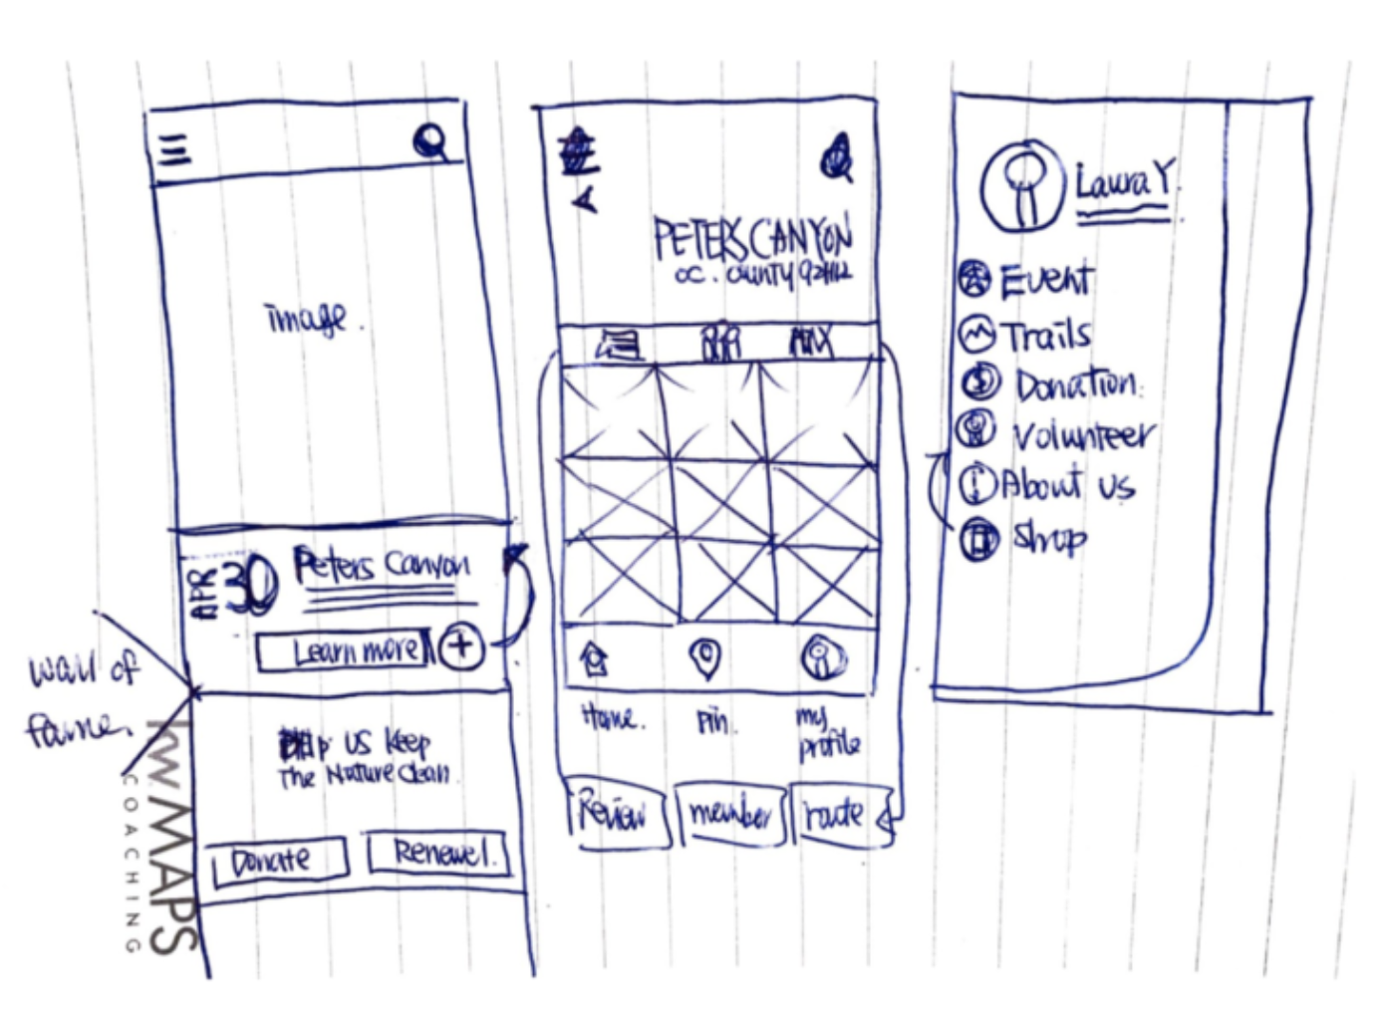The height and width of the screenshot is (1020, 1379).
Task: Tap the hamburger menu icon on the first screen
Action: tap(175, 150)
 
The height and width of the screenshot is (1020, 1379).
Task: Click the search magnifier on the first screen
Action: tap(431, 143)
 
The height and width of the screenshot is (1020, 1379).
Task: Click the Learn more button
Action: tap(345, 651)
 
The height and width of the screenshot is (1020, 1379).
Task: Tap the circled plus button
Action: tap(459, 647)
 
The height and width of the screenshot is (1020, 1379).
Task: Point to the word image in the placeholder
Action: tap(307, 319)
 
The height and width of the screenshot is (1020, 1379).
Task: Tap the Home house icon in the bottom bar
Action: tap(595, 658)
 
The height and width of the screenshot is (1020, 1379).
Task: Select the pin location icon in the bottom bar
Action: tap(706, 657)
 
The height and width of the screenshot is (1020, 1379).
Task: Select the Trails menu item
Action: tap(1044, 336)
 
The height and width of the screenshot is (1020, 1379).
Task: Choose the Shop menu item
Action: tap(1048, 539)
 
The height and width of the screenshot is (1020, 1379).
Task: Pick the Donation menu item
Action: tap(1074, 383)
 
